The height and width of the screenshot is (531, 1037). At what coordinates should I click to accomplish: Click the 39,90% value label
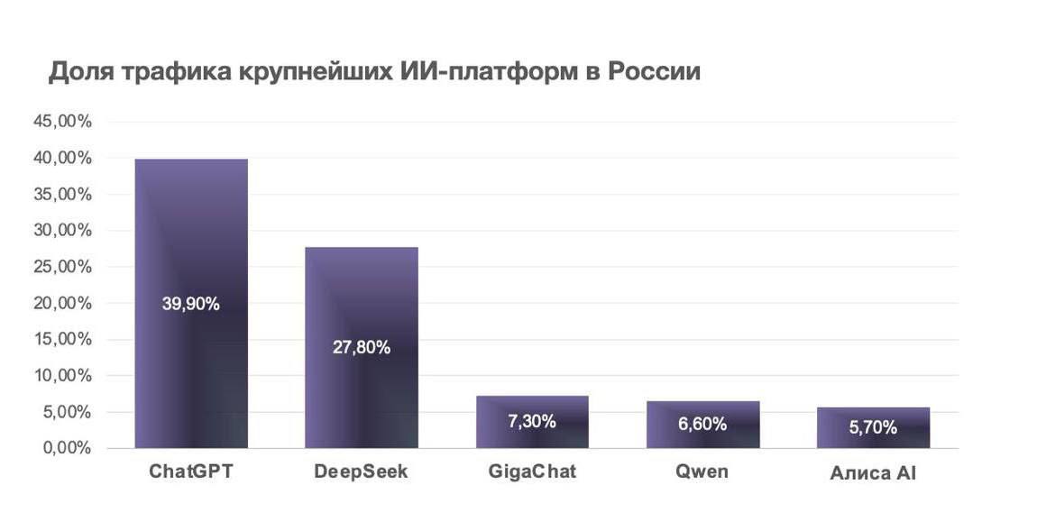pos(191,304)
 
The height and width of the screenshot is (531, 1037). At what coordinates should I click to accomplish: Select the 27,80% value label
pos(361,347)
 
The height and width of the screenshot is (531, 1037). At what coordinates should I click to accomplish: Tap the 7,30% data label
pos(532,421)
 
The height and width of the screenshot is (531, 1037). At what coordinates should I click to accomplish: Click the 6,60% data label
pos(702,424)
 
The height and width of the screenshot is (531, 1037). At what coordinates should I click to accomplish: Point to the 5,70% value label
pos(873,427)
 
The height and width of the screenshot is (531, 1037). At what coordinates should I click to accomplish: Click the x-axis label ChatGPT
pos(191,471)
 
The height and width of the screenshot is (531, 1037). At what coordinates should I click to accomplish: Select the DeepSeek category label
pos(361,471)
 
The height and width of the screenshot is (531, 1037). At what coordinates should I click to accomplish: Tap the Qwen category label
pos(702,471)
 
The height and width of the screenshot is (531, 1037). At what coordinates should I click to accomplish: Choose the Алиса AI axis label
pos(873,472)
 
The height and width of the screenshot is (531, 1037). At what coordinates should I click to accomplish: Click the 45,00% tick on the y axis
pos(63,122)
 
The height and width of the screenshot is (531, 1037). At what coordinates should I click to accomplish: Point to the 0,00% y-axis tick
pos(67,448)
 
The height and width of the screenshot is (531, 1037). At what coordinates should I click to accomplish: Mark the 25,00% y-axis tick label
pos(63,267)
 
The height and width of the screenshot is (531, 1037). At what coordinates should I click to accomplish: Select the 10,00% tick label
pos(63,376)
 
